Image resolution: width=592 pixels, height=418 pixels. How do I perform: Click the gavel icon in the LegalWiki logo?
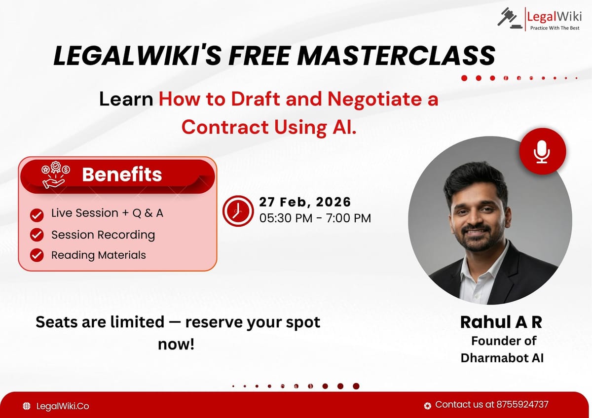click(508, 18)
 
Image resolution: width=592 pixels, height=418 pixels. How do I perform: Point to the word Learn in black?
click(126, 100)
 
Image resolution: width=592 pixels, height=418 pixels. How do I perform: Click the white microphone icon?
click(542, 152)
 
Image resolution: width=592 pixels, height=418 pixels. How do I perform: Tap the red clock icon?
click(238, 210)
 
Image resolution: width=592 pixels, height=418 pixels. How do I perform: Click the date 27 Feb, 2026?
click(305, 202)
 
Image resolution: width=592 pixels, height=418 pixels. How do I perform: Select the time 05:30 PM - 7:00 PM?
click(315, 218)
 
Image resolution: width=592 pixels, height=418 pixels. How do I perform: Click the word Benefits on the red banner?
click(122, 174)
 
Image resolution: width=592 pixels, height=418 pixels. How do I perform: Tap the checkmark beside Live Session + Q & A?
click(37, 215)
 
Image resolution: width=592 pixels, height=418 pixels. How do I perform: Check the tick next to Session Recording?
click(37, 235)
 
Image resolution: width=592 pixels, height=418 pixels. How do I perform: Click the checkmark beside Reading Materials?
click(37, 255)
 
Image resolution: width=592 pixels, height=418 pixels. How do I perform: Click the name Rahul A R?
click(501, 322)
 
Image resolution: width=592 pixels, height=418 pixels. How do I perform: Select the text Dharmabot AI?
click(502, 358)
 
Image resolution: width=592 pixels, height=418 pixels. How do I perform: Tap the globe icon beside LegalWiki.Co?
click(27, 406)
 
